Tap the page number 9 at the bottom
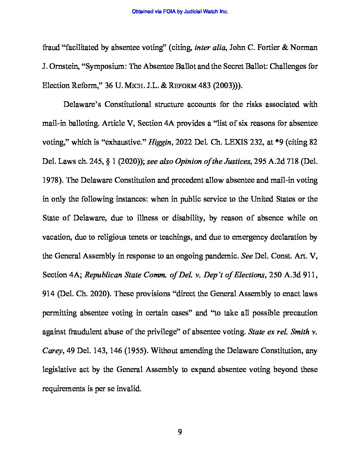point(180,432)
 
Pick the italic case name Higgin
point(159,142)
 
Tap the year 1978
point(52,180)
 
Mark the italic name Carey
point(52,351)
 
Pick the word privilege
point(159,332)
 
